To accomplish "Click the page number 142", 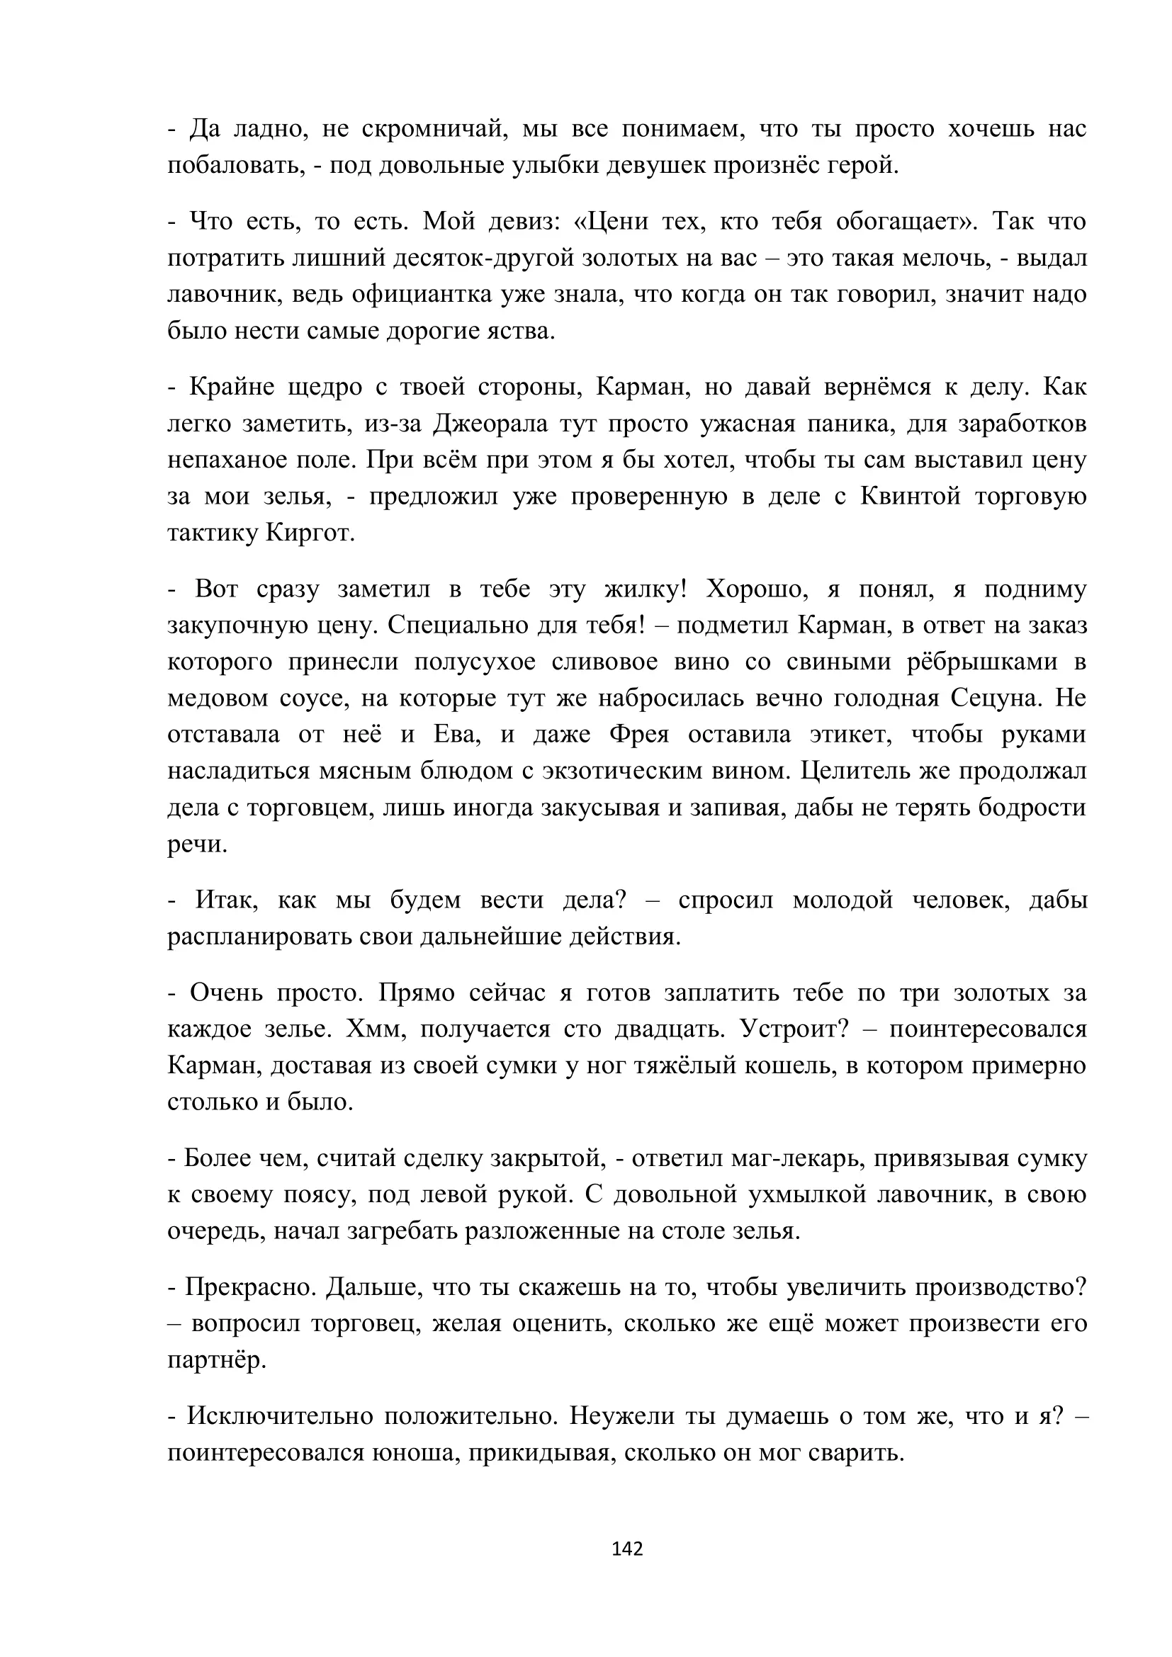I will [x=626, y=1548].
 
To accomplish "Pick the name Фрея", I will [x=639, y=735].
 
